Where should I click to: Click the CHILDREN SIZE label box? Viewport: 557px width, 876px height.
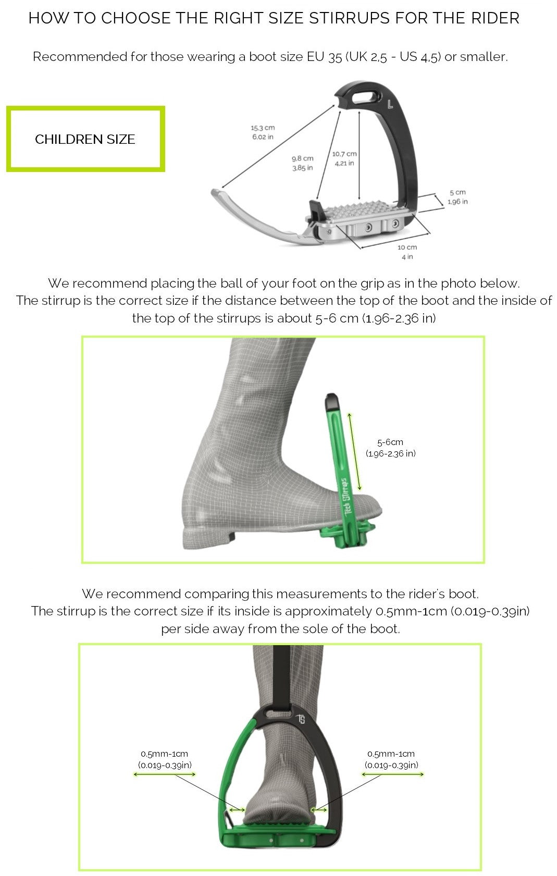[x=85, y=139]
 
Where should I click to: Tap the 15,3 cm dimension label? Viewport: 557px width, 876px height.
[x=263, y=132]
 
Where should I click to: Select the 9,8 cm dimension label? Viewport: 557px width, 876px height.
[x=302, y=163]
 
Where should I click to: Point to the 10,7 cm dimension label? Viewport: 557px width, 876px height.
[x=344, y=158]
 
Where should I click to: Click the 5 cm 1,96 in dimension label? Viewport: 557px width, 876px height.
[x=457, y=197]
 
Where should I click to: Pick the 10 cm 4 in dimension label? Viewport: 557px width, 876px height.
[x=407, y=252]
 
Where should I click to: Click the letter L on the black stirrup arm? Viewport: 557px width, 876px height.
[x=390, y=104]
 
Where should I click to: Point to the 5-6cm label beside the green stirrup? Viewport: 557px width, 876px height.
[x=390, y=447]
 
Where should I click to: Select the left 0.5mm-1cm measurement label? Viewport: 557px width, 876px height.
[x=165, y=759]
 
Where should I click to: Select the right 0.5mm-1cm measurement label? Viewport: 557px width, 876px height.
[x=391, y=759]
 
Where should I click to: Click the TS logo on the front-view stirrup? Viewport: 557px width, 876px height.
[x=301, y=719]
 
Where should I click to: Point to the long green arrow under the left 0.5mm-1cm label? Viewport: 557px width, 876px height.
[x=165, y=774]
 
